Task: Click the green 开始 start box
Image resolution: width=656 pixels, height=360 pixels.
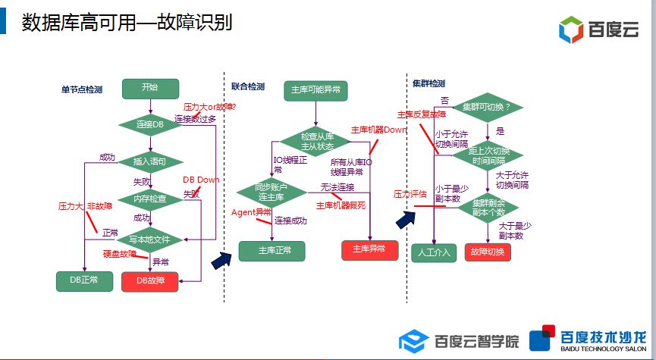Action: [x=149, y=88]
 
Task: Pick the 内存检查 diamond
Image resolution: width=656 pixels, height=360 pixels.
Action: [x=149, y=199]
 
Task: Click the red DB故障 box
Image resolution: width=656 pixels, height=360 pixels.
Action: [x=149, y=280]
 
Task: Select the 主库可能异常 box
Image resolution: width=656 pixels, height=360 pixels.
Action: [x=315, y=90]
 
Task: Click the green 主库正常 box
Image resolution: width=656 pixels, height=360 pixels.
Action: [x=271, y=250]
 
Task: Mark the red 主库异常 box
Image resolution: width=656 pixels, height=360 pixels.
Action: [x=369, y=249]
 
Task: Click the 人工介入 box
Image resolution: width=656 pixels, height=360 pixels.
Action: [x=433, y=252]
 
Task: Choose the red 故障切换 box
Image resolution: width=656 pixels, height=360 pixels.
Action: [x=488, y=252]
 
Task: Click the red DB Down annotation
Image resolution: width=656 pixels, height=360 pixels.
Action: [x=201, y=180]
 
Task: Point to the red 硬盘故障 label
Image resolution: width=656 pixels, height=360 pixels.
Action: [x=119, y=253]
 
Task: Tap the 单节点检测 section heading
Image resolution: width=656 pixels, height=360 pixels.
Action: [x=81, y=89]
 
